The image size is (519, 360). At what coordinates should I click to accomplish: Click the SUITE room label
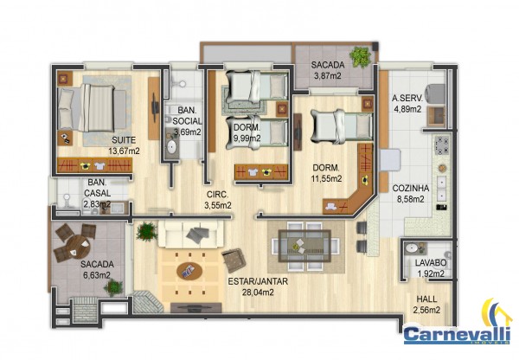pyautogui.click(x=124, y=140)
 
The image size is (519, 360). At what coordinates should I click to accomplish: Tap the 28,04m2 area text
pyautogui.click(x=258, y=292)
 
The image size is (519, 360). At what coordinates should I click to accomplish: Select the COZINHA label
pyautogui.click(x=410, y=189)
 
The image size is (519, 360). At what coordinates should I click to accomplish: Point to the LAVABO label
pyautogui.click(x=431, y=263)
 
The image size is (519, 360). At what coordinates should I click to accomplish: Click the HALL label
pyautogui.click(x=426, y=299)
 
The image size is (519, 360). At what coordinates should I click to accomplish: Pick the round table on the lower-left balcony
pyautogui.click(x=77, y=246)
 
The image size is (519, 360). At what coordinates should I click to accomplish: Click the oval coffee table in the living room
pyautogui.click(x=189, y=271)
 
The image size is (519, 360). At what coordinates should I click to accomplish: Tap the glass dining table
pyautogui.click(x=304, y=246)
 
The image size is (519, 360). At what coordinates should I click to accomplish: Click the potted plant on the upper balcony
pyautogui.click(x=360, y=57)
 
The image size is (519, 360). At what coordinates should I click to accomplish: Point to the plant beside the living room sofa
pyautogui.click(x=146, y=232)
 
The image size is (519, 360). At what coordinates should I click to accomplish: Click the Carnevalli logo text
pyautogui.click(x=456, y=334)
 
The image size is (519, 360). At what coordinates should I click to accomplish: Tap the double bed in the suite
pyautogui.click(x=93, y=109)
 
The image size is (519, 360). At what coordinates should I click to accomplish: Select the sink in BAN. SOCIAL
pyautogui.click(x=172, y=147)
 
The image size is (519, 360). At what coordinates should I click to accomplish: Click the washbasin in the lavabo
pyautogui.click(x=411, y=248)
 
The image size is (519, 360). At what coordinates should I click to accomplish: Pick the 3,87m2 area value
pyautogui.click(x=327, y=76)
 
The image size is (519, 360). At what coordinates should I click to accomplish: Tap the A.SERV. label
pyautogui.click(x=407, y=99)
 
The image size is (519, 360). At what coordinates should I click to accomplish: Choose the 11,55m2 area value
pyautogui.click(x=326, y=179)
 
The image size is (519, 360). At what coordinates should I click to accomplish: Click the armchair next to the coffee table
pyautogui.click(x=234, y=260)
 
